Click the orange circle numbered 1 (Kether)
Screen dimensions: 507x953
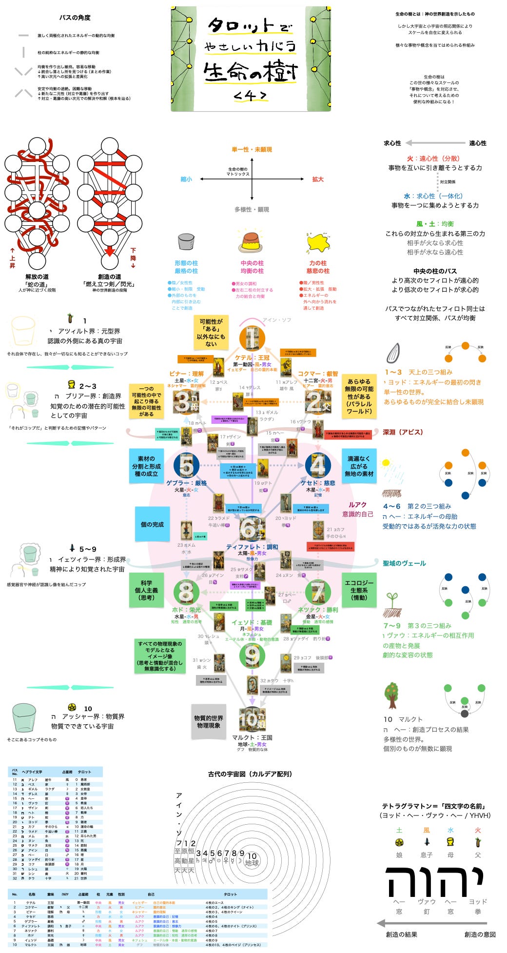(x=252, y=338)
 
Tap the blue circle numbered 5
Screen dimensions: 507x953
(x=186, y=465)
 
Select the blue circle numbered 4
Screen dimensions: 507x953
(x=317, y=465)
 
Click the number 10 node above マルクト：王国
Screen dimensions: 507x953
(x=252, y=719)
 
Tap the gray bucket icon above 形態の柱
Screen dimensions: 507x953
(x=186, y=242)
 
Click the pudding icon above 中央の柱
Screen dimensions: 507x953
(x=252, y=242)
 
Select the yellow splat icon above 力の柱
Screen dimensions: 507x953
(x=318, y=242)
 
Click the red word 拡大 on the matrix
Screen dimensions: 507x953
(x=318, y=179)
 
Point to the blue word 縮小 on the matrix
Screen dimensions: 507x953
(x=186, y=179)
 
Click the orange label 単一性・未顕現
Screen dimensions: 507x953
(x=252, y=150)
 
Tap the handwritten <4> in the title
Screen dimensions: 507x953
(x=250, y=96)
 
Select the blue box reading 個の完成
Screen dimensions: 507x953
(x=152, y=524)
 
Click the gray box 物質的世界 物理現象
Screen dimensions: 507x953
(x=209, y=722)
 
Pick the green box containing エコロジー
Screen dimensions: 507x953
(x=359, y=590)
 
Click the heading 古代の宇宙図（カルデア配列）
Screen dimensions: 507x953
(x=250, y=774)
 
